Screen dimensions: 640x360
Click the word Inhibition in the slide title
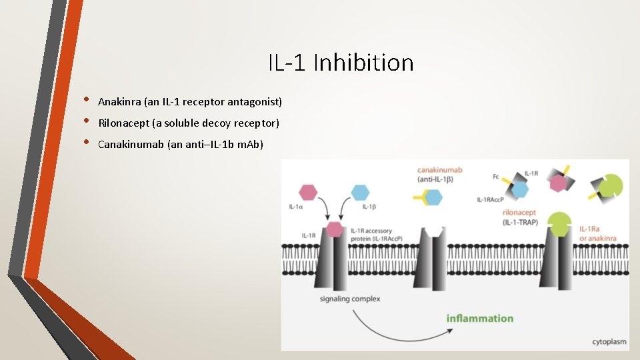click(x=363, y=63)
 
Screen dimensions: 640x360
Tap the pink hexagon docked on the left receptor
click(x=334, y=229)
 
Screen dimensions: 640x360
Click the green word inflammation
click(x=480, y=318)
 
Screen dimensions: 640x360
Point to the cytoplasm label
click(x=609, y=341)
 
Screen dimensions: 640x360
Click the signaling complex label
click(x=350, y=299)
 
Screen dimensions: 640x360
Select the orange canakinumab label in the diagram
click(x=440, y=171)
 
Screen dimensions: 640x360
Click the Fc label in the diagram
click(x=495, y=176)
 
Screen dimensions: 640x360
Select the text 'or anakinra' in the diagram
click(x=597, y=238)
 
